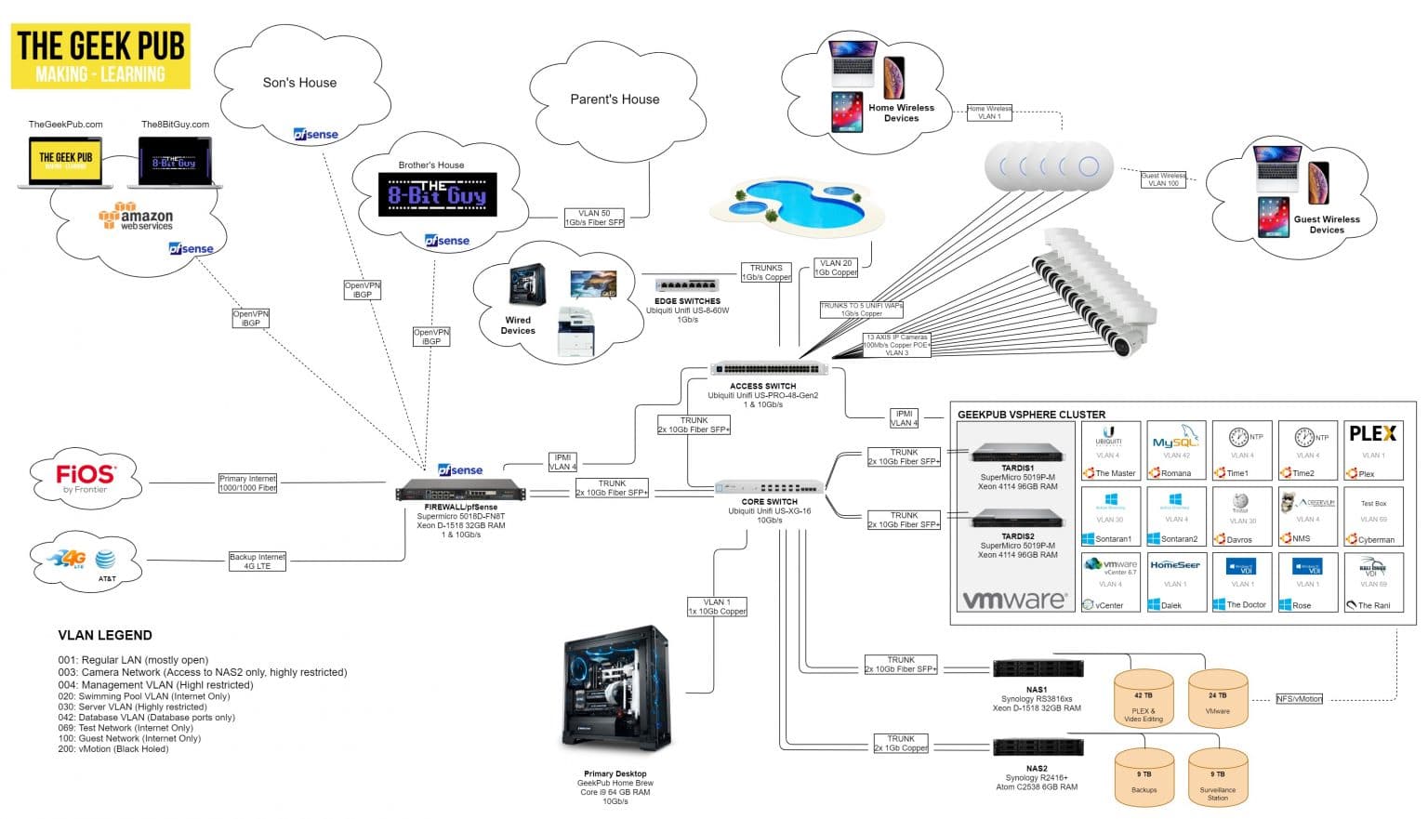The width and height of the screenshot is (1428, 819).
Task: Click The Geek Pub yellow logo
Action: (100, 57)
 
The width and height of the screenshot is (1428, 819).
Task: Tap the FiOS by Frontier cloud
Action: (86, 480)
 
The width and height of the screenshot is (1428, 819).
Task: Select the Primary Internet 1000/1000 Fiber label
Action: (248, 483)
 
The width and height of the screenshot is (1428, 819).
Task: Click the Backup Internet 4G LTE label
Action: (258, 561)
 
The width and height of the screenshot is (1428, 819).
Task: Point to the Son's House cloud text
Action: (299, 83)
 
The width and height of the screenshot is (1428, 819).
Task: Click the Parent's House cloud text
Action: (615, 99)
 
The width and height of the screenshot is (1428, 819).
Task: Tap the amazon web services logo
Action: (136, 218)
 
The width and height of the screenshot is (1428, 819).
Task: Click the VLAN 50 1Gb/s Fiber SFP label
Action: (594, 218)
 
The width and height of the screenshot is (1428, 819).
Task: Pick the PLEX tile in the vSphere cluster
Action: (1372, 450)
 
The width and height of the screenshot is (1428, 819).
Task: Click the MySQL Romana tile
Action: (1176, 450)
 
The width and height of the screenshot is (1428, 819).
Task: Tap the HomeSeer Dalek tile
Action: (1175, 582)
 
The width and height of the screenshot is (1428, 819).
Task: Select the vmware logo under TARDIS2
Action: (1014, 600)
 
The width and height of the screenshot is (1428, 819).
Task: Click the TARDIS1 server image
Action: (1017, 453)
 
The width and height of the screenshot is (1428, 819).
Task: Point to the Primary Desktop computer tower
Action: (616, 688)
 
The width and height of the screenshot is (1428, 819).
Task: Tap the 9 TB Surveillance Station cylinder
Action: (1218, 777)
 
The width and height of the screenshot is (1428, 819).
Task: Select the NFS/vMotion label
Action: (1299, 698)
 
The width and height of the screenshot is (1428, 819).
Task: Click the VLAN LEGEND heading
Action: (105, 636)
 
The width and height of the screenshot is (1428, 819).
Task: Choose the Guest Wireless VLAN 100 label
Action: (1163, 179)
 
